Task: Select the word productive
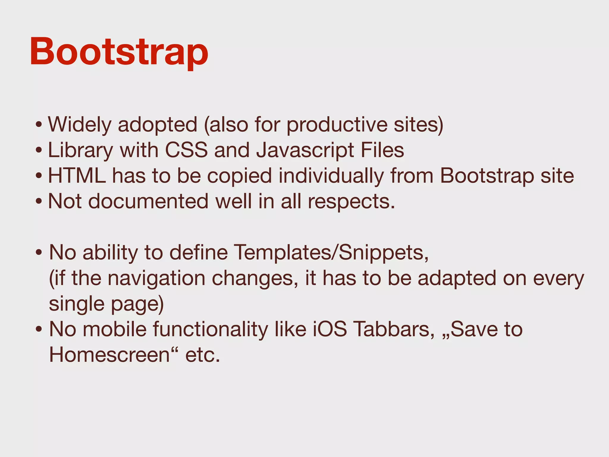click(337, 124)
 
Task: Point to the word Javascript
click(305, 150)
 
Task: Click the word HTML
click(77, 176)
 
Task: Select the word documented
click(148, 201)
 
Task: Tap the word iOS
click(329, 329)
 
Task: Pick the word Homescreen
click(109, 355)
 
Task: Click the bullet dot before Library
click(39, 150)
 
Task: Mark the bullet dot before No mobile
click(39, 330)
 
